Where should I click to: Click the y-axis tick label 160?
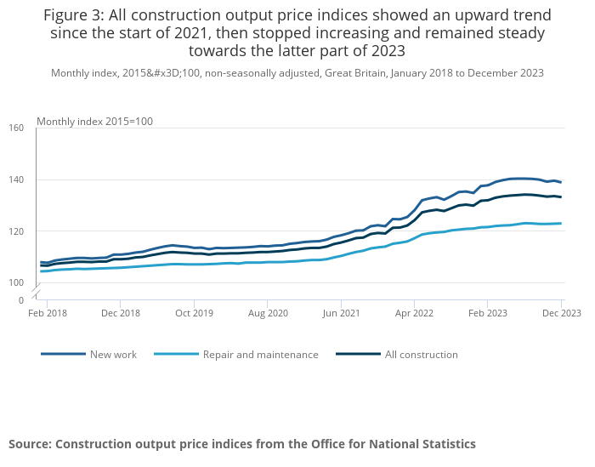(16, 128)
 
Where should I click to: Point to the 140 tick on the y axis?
(16, 180)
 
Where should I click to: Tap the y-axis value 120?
(16, 231)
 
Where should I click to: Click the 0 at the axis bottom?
(20, 300)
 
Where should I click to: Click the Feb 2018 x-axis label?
(47, 314)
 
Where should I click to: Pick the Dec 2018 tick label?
(120, 314)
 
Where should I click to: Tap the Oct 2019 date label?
(194, 314)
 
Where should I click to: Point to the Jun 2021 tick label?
(341, 314)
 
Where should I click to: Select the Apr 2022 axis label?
(414, 314)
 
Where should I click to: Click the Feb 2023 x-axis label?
(487, 314)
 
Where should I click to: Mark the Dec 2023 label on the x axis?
(561, 314)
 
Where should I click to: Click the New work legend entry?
(113, 355)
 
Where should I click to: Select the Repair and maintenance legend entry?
(260, 355)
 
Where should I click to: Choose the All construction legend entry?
(422, 355)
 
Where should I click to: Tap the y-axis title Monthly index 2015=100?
(94, 122)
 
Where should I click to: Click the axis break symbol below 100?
(37, 292)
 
